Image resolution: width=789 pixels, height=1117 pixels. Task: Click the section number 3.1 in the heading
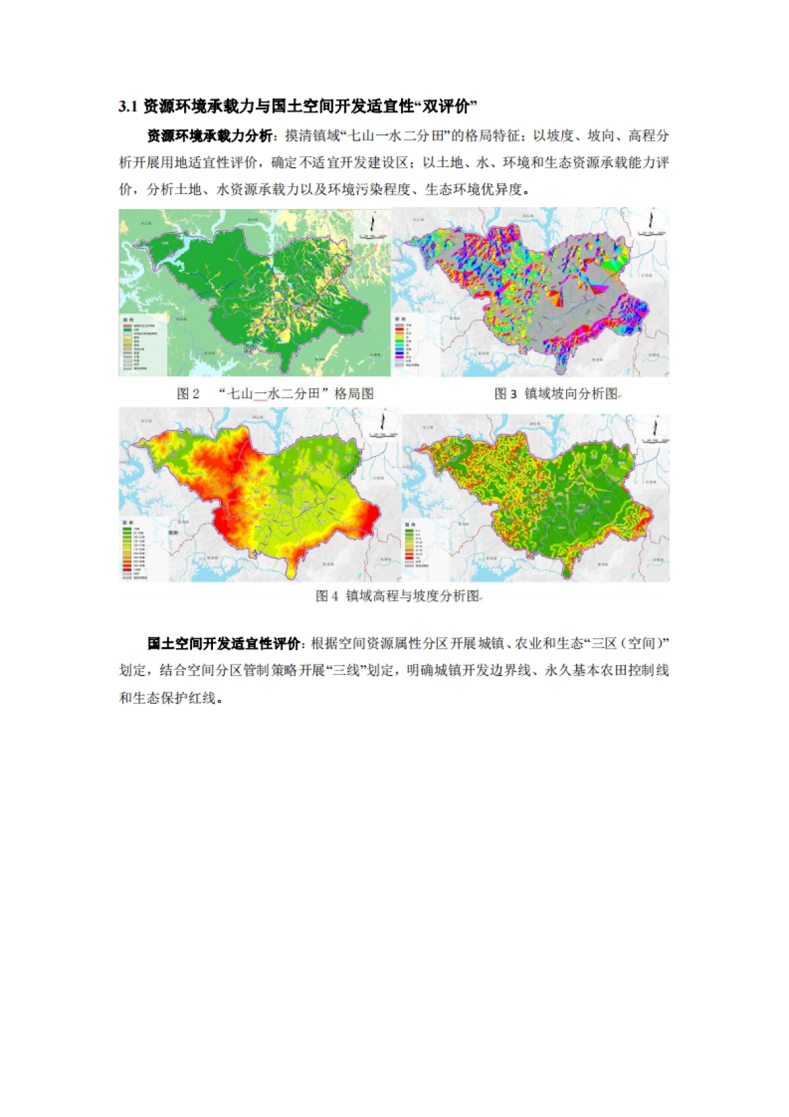(x=128, y=106)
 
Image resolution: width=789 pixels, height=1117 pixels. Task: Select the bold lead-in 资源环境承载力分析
(x=209, y=136)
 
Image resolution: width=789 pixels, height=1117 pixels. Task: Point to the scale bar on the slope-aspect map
(x=652, y=233)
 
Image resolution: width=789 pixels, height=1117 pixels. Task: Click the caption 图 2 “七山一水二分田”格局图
(x=275, y=393)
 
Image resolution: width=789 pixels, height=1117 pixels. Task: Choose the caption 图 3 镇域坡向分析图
(x=556, y=393)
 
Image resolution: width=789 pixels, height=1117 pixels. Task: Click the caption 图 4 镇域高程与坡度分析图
(x=398, y=596)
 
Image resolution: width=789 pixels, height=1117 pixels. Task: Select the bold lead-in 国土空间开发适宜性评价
(x=224, y=643)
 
